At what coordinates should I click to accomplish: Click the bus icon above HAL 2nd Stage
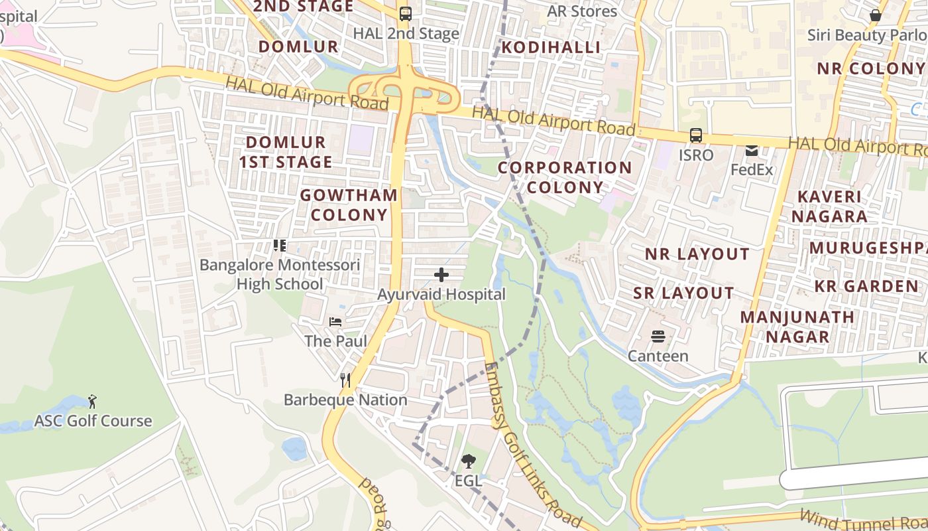pos(405,13)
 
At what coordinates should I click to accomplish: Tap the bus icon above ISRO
pos(695,135)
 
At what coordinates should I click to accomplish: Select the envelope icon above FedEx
pos(752,150)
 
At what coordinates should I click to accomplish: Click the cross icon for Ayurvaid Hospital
pos(441,274)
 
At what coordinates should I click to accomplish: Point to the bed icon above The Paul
pos(335,322)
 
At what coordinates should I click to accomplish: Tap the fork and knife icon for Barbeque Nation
pos(345,380)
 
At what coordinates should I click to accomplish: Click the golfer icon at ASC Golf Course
pos(92,401)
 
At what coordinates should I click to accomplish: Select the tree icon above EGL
pos(468,460)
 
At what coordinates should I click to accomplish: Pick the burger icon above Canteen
pos(658,337)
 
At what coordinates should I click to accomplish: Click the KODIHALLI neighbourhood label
pos(551,47)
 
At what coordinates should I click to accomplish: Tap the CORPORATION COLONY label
pos(565,177)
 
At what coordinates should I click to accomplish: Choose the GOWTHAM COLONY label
pos(349,204)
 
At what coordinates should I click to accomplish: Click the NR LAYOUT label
pos(697,254)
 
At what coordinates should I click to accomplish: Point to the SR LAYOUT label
pos(683,293)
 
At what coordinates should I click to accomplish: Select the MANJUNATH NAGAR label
pos(797,327)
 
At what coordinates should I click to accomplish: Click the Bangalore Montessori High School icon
pos(280,246)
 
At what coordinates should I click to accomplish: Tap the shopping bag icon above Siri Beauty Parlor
pos(875,15)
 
